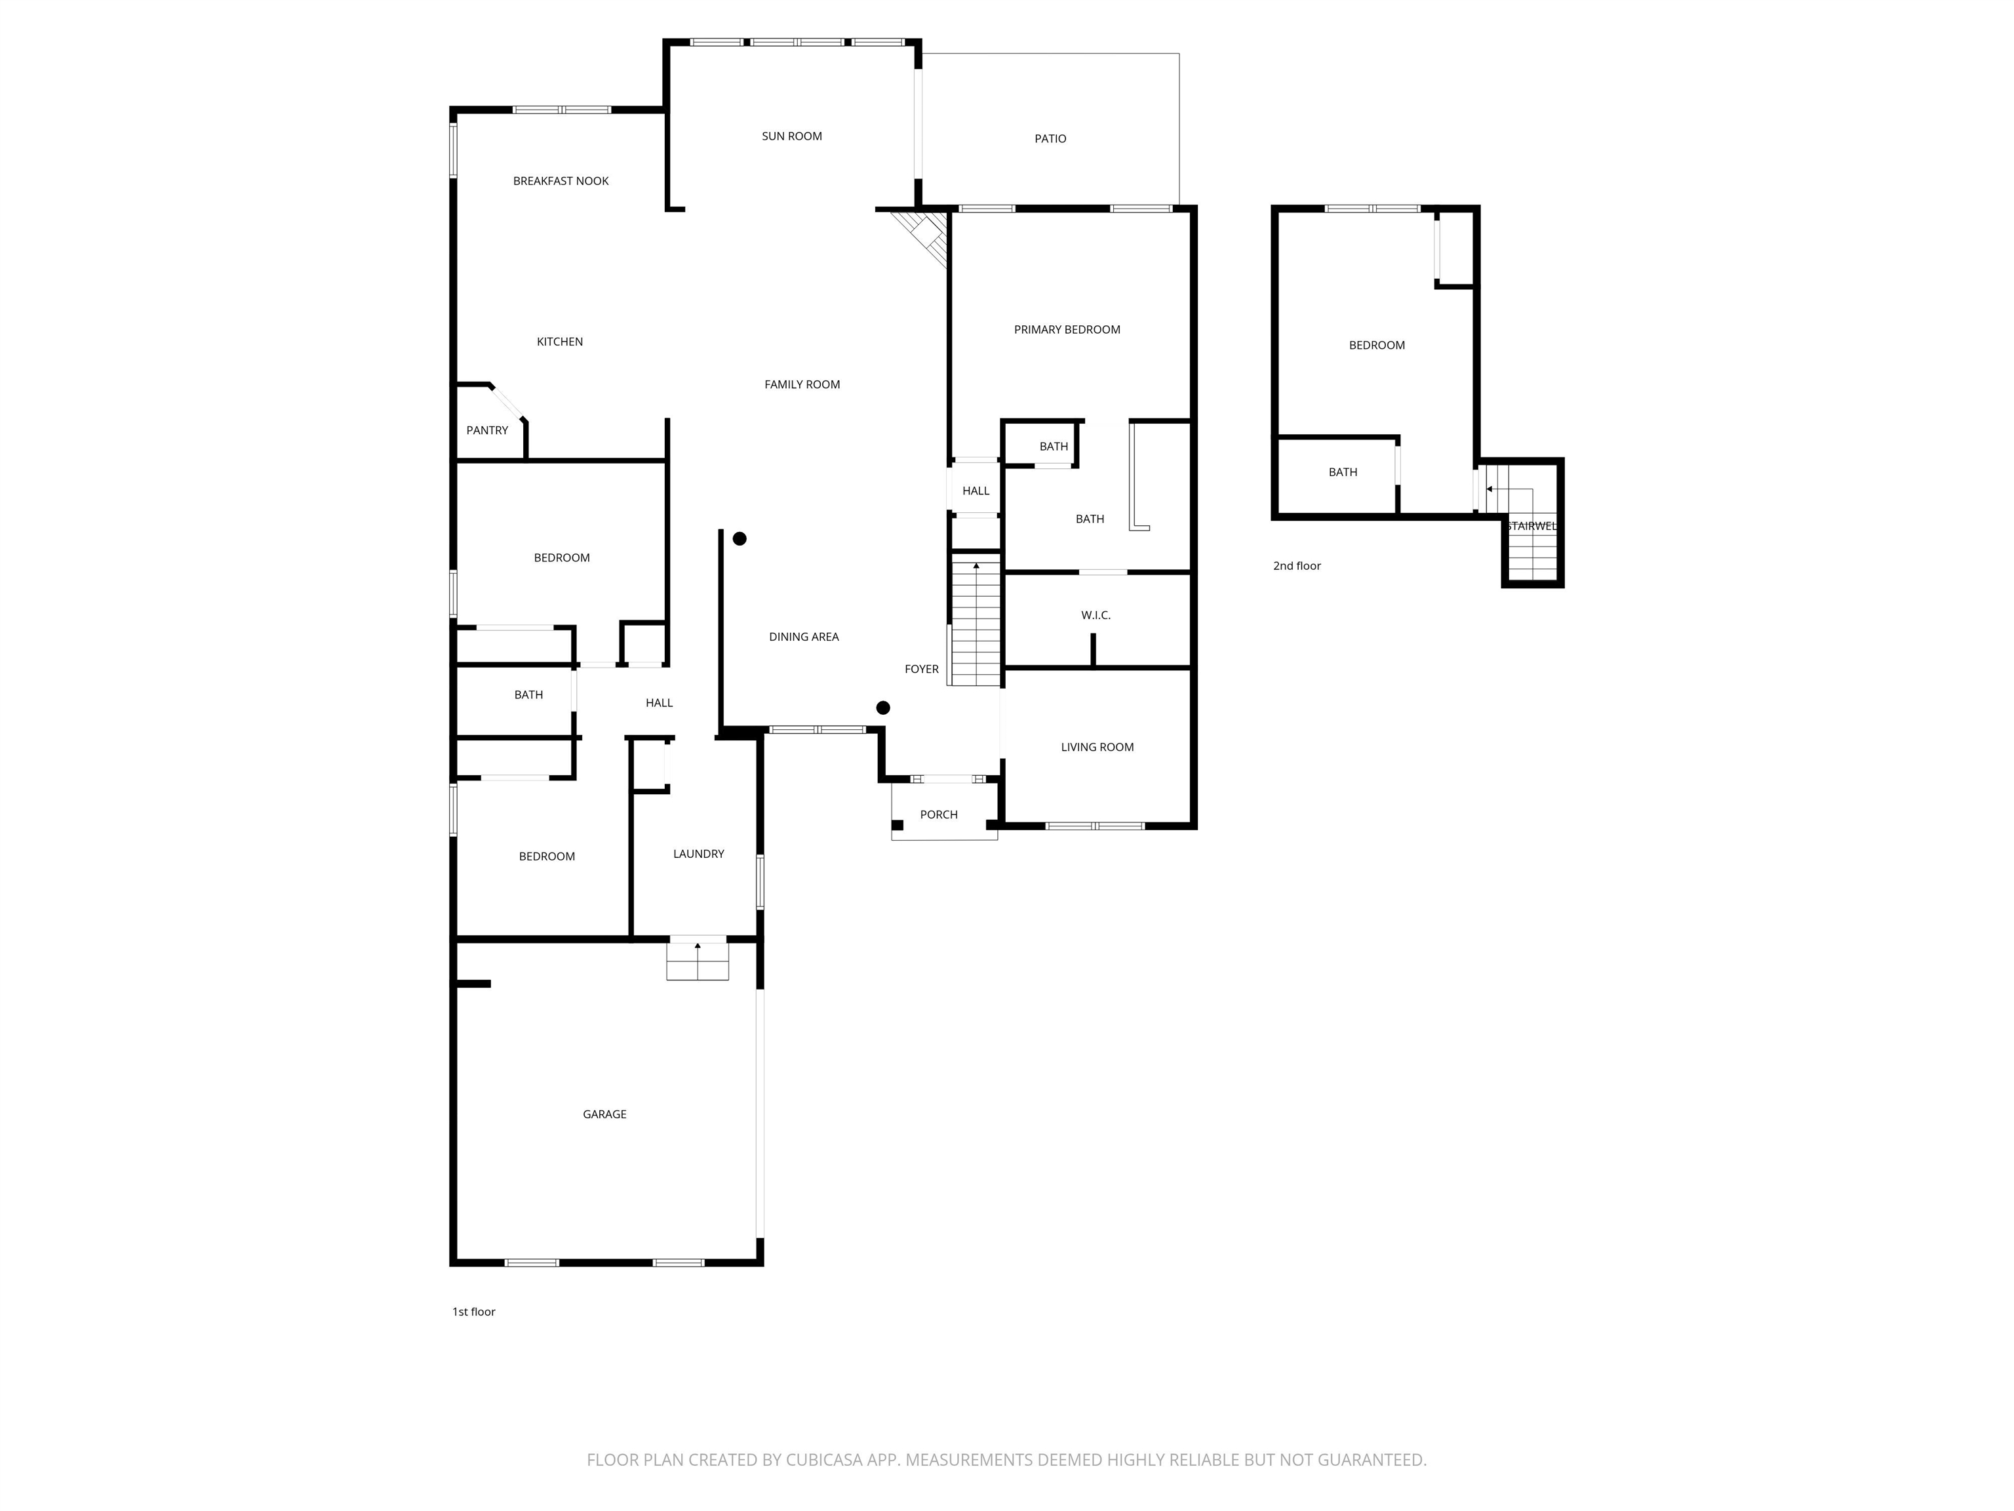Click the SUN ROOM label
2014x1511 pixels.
(x=791, y=136)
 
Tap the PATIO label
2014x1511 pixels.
(x=1050, y=138)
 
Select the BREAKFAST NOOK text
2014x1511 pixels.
(x=561, y=181)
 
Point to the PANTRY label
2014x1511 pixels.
(x=487, y=431)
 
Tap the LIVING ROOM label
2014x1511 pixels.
(x=1097, y=748)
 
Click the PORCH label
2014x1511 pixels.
(x=939, y=815)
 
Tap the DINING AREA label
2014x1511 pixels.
(x=804, y=637)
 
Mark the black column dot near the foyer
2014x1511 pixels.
(x=882, y=708)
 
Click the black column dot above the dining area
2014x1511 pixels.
(x=740, y=539)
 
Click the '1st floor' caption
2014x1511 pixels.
(x=473, y=1312)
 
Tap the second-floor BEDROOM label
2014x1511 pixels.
(x=1377, y=345)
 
